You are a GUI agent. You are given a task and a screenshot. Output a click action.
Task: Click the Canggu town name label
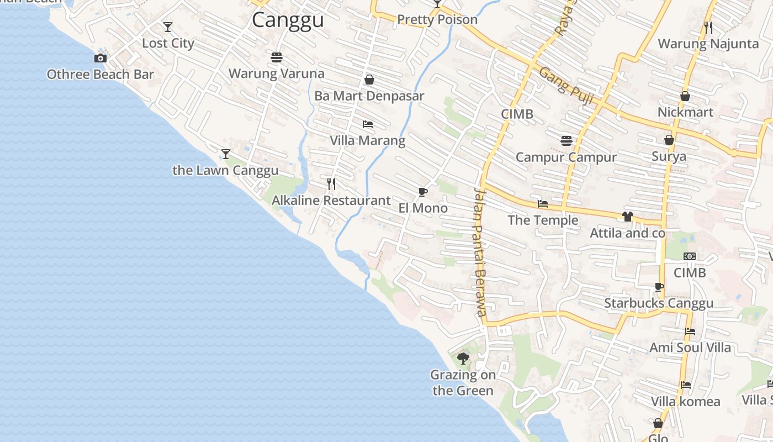click(288, 20)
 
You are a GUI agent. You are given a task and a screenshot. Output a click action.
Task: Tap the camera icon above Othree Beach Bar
click(100, 58)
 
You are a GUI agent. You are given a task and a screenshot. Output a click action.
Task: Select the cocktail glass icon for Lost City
click(168, 27)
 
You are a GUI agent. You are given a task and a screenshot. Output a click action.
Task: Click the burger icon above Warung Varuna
click(277, 57)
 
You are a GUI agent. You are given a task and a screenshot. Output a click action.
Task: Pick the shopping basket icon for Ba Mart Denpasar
click(369, 80)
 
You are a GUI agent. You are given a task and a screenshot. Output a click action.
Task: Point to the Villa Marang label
click(367, 140)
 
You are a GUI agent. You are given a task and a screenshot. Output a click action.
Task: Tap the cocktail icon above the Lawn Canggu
click(225, 154)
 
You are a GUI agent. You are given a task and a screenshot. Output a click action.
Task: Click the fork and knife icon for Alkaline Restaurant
click(331, 183)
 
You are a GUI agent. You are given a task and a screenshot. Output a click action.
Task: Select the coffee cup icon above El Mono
click(423, 192)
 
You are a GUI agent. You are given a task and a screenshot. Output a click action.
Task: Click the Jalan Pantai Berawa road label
click(480, 251)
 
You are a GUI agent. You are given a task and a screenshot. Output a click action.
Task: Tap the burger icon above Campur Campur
click(566, 140)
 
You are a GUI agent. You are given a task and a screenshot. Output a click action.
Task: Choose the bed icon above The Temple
click(543, 204)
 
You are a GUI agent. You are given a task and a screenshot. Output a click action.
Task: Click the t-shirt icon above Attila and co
click(627, 217)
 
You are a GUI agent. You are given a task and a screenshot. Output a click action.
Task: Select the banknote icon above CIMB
click(690, 256)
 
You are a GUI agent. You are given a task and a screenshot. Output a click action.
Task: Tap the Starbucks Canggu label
click(659, 303)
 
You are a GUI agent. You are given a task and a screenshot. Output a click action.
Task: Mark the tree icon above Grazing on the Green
click(463, 359)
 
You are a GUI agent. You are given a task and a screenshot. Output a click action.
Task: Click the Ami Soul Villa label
click(690, 348)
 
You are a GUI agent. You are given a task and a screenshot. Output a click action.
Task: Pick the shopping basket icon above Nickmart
click(685, 96)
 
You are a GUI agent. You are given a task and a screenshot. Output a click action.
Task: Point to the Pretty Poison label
click(437, 20)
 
